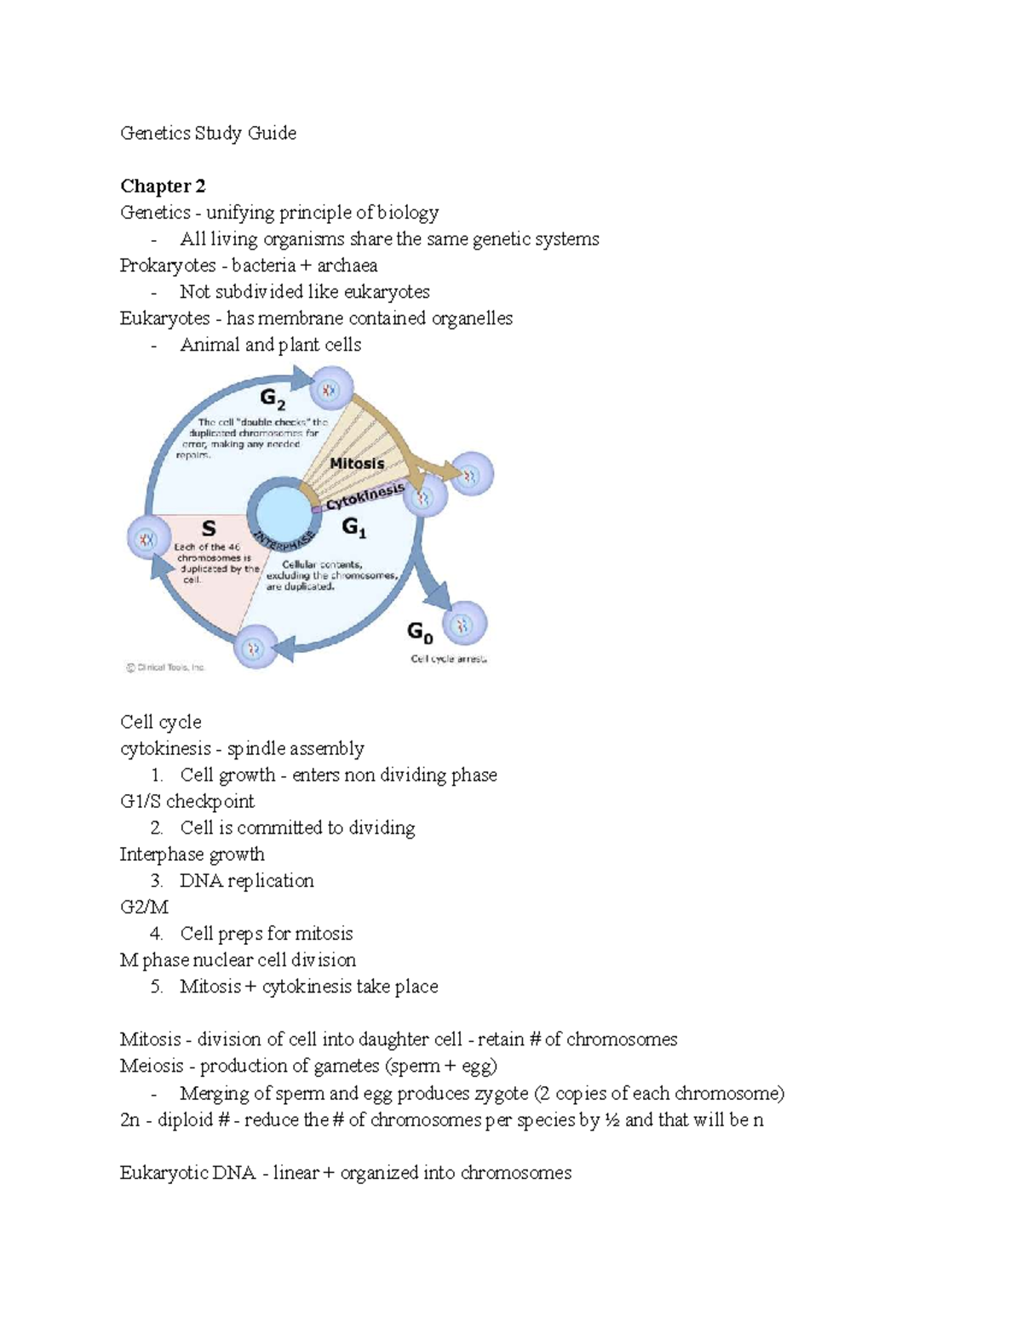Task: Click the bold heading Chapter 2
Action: click(x=163, y=186)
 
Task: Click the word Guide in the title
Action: click(x=272, y=133)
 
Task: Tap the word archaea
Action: click(x=347, y=266)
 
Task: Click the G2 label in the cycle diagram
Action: click(x=273, y=398)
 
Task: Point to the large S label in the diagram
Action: click(x=208, y=529)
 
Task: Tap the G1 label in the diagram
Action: click(x=353, y=529)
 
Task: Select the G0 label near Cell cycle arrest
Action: click(x=420, y=632)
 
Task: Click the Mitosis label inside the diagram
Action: click(x=357, y=464)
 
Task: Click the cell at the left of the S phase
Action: click(x=148, y=539)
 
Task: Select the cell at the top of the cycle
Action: click(x=329, y=390)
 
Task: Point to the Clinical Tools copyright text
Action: click(x=166, y=667)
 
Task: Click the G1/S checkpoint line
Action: click(x=187, y=802)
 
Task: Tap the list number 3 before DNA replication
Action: click(x=156, y=881)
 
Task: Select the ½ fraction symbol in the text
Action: click(x=611, y=1120)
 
